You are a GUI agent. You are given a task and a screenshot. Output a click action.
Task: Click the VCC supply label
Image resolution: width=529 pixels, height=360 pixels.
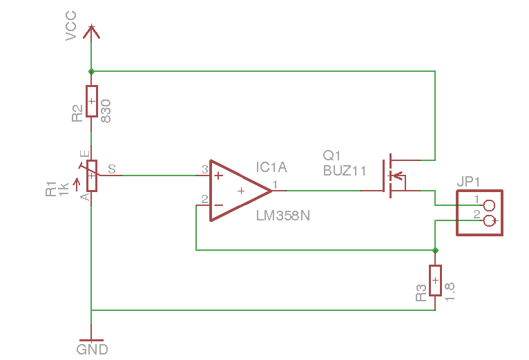pyautogui.click(x=71, y=26)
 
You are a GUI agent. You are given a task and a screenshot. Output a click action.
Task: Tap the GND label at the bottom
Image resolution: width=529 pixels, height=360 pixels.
pyautogui.click(x=92, y=350)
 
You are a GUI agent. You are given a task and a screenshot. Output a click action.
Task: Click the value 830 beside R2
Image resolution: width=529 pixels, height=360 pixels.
pyautogui.click(x=106, y=111)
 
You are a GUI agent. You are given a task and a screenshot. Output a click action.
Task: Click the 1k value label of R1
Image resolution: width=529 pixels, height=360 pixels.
pyautogui.click(x=64, y=188)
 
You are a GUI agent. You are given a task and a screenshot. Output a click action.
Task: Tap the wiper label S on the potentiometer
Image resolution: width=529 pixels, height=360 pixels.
pyautogui.click(x=113, y=169)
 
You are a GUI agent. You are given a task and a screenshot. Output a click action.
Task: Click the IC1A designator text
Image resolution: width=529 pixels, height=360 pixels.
pyautogui.click(x=271, y=167)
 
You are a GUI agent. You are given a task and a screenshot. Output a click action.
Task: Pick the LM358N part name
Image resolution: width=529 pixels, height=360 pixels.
pyautogui.click(x=282, y=216)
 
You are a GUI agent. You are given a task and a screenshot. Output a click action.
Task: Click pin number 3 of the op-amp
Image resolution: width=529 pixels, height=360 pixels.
pyautogui.click(x=204, y=169)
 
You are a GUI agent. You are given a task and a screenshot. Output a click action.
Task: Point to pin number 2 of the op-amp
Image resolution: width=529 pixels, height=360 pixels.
pyautogui.click(x=204, y=199)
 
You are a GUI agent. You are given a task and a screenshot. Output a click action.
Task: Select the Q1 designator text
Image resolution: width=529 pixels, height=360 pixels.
pyautogui.click(x=332, y=155)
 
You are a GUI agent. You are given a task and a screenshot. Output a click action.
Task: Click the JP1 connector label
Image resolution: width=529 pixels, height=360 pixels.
pyautogui.click(x=469, y=182)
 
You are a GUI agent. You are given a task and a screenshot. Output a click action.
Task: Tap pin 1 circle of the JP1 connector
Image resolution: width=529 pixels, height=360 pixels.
pyautogui.click(x=490, y=205)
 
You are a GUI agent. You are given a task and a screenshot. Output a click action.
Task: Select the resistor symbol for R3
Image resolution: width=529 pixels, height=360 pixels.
pyautogui.click(x=435, y=280)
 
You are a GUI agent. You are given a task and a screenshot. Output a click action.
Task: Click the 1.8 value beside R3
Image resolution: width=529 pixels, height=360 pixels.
pyautogui.click(x=450, y=290)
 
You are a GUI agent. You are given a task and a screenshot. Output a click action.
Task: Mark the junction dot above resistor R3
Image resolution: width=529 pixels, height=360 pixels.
pyautogui.click(x=435, y=249)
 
